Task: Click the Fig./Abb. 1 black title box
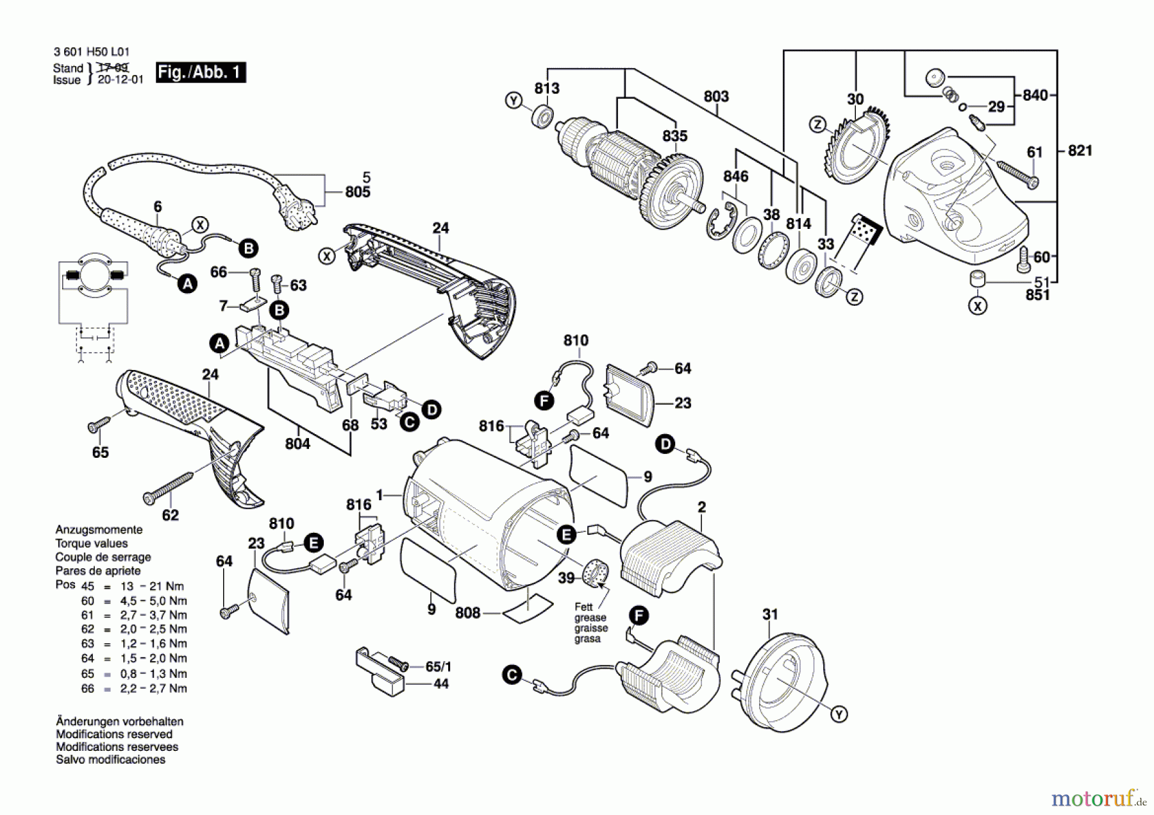tap(201, 72)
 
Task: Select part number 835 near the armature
tap(674, 136)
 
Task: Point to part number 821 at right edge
tap(1080, 151)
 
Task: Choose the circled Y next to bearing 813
tap(514, 101)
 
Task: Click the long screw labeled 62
tap(169, 487)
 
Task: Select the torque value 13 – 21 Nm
tap(153, 586)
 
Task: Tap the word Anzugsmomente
tap(99, 530)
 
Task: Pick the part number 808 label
tap(467, 613)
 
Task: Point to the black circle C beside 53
tap(408, 422)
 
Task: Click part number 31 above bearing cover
tap(770, 614)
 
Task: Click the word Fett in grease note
tap(583, 607)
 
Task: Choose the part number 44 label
tap(441, 684)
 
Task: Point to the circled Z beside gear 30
tap(817, 124)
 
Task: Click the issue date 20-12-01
tap(121, 80)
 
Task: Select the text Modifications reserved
tap(114, 734)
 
